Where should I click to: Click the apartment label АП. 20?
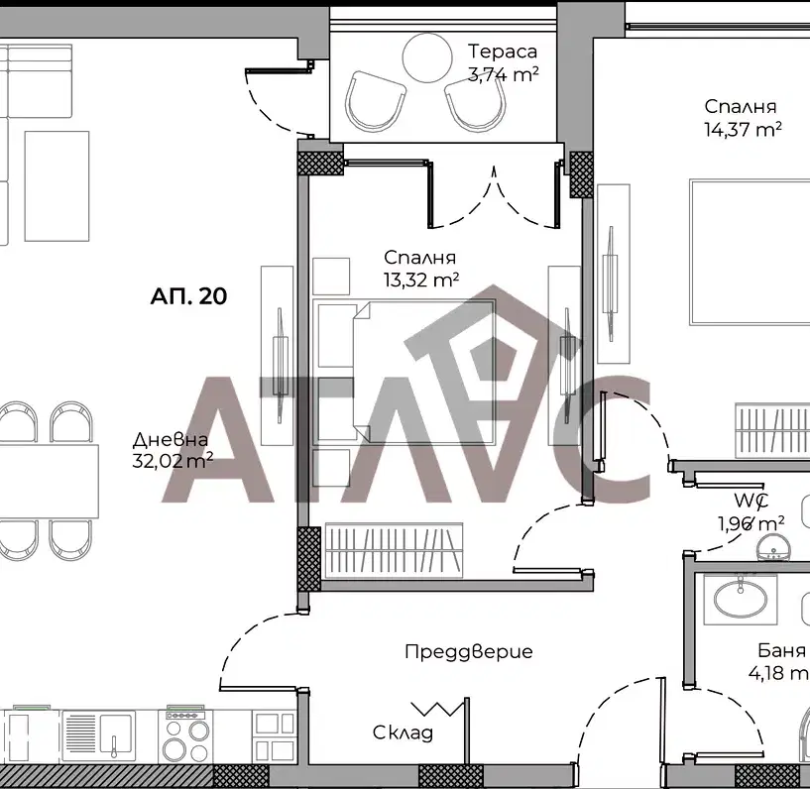point(188,296)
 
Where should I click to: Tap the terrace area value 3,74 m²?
point(503,74)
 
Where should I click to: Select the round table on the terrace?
point(427,57)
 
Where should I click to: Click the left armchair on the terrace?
point(375,101)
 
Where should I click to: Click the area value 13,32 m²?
point(421,280)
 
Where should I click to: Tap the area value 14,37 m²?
point(743,129)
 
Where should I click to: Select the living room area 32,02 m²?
point(173,460)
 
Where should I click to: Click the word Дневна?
point(171,439)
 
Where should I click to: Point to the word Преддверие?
point(469,651)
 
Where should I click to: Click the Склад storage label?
point(403,733)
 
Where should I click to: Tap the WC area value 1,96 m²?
point(752,524)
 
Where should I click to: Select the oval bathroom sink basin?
point(741,599)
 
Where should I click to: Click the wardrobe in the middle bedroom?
point(394,550)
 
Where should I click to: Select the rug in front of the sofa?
point(57,186)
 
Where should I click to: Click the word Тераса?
point(502,52)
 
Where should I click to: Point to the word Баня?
point(781,650)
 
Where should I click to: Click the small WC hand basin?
point(774,547)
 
